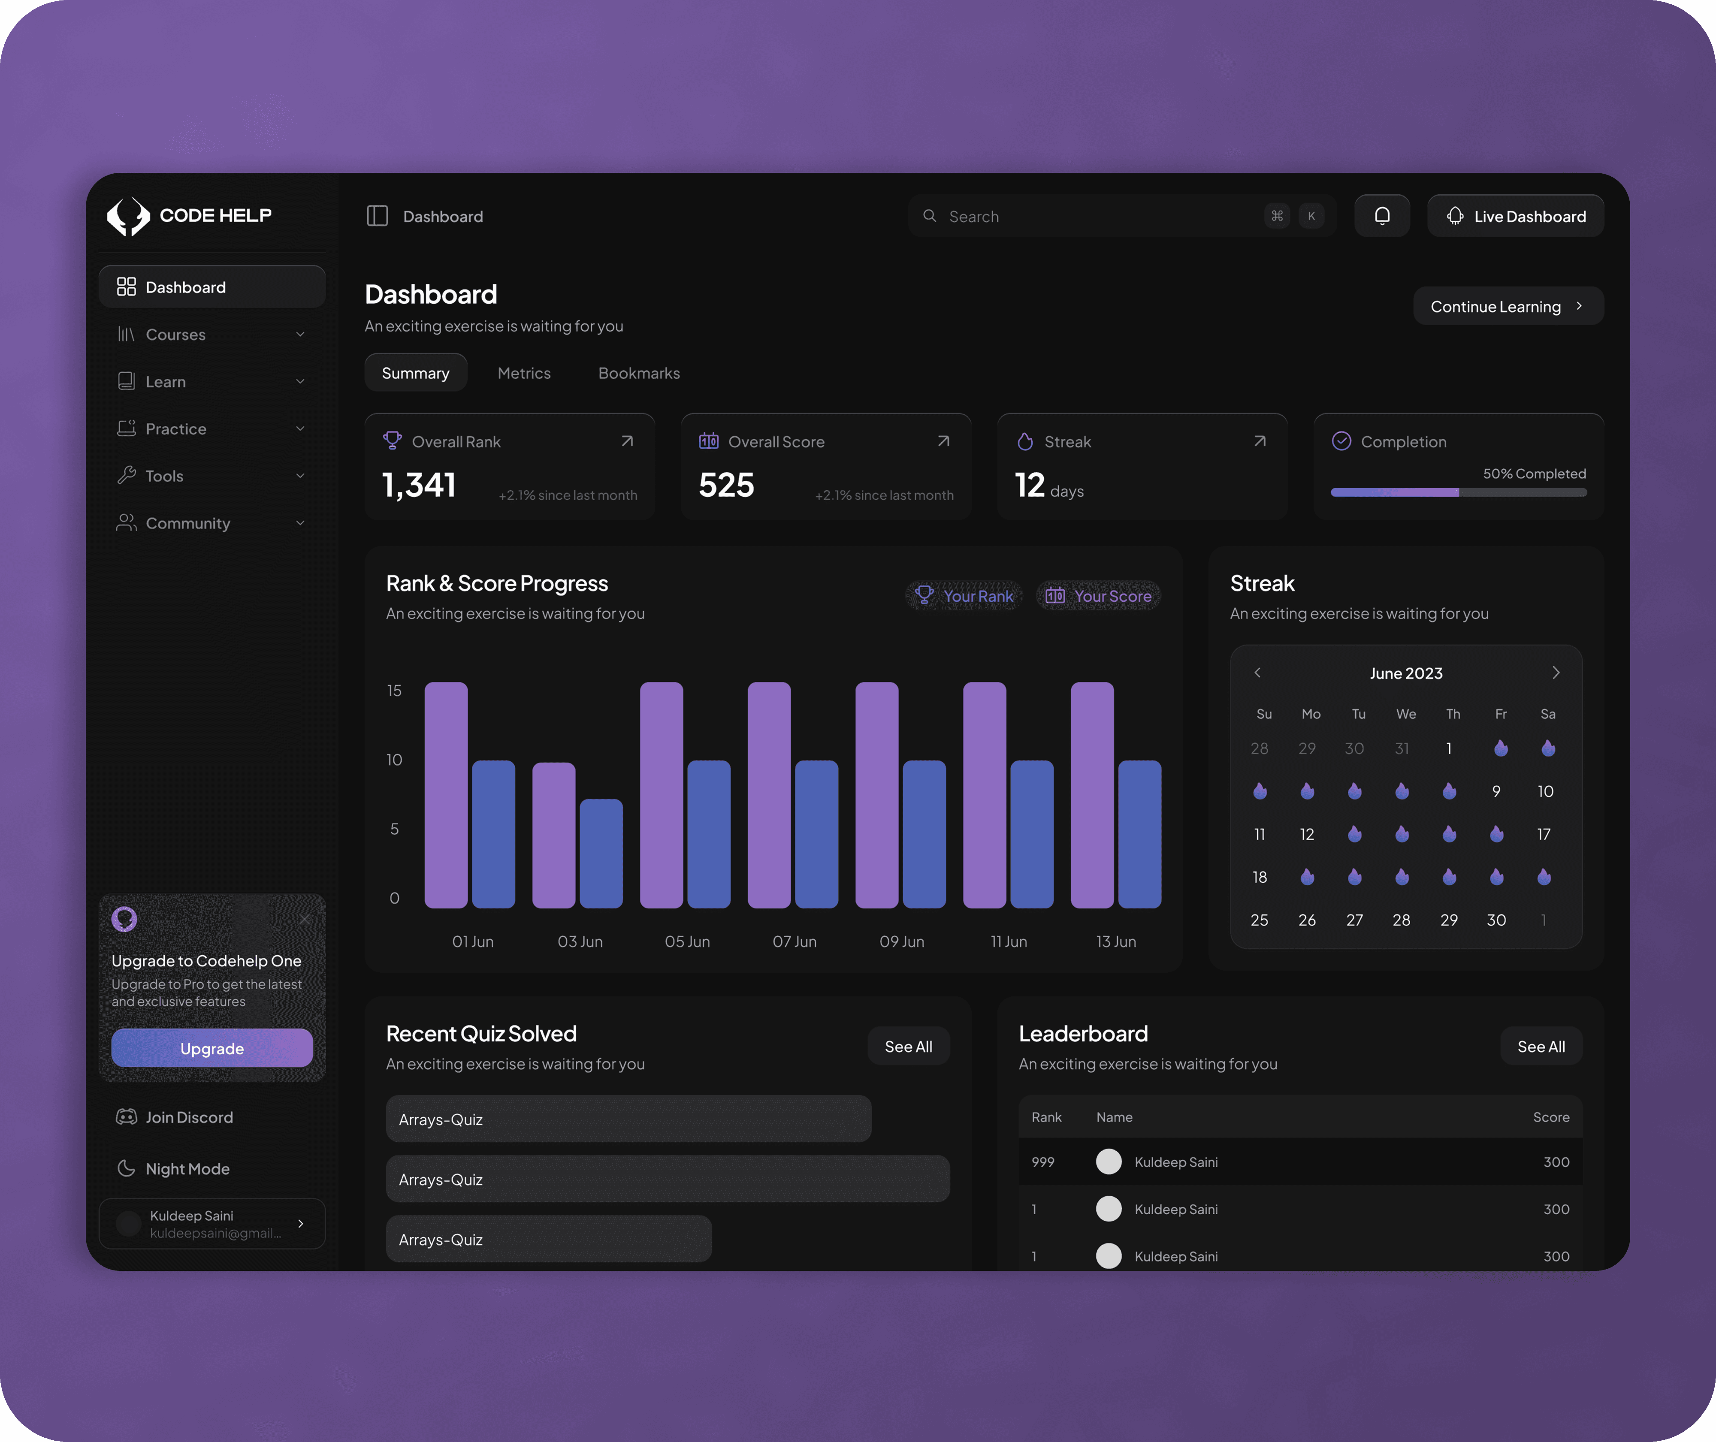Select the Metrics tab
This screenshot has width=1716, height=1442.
[x=524, y=373]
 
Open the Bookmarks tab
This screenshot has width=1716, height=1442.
[x=638, y=373]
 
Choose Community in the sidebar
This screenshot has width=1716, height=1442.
[x=188, y=523]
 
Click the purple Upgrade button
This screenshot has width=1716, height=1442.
[x=212, y=1048]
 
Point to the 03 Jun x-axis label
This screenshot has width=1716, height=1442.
[x=580, y=942]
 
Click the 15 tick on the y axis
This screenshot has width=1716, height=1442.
[x=394, y=691]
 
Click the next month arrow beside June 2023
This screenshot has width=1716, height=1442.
[x=1555, y=673]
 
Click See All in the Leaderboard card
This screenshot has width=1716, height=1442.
[x=1540, y=1047]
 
